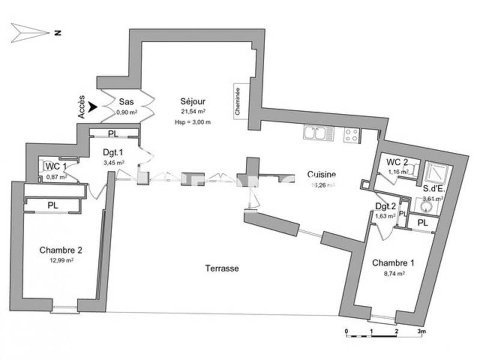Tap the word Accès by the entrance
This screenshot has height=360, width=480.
coord(83,107)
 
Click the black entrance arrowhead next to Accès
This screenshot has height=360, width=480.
coord(93,107)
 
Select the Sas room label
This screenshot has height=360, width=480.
coord(126,101)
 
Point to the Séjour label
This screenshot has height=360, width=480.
coord(193,101)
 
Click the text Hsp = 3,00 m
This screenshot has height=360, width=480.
coord(193,122)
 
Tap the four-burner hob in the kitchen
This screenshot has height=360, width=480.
coord(352,136)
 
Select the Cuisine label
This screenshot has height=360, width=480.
coord(322,175)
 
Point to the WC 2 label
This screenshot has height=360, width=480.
coord(397,161)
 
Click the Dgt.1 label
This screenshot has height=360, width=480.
coord(112,152)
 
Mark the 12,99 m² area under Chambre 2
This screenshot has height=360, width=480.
coord(61,260)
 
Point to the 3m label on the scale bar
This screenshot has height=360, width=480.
coord(422,331)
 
